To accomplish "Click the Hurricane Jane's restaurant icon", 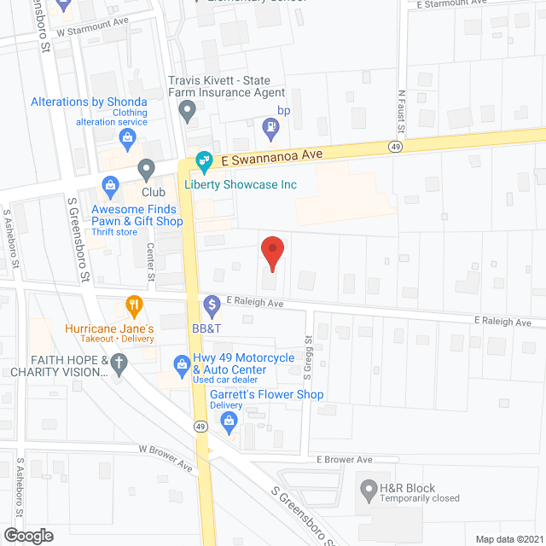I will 133,304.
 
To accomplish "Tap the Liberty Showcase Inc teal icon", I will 205,160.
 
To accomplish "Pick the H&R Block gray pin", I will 369,491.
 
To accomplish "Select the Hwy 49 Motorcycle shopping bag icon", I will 181,365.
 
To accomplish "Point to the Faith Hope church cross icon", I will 119,365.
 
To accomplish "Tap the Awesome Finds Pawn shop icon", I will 110,185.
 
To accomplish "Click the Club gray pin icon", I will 147,169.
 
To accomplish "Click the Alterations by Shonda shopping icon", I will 128,136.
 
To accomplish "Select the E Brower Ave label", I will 345,460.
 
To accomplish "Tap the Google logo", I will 28,535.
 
